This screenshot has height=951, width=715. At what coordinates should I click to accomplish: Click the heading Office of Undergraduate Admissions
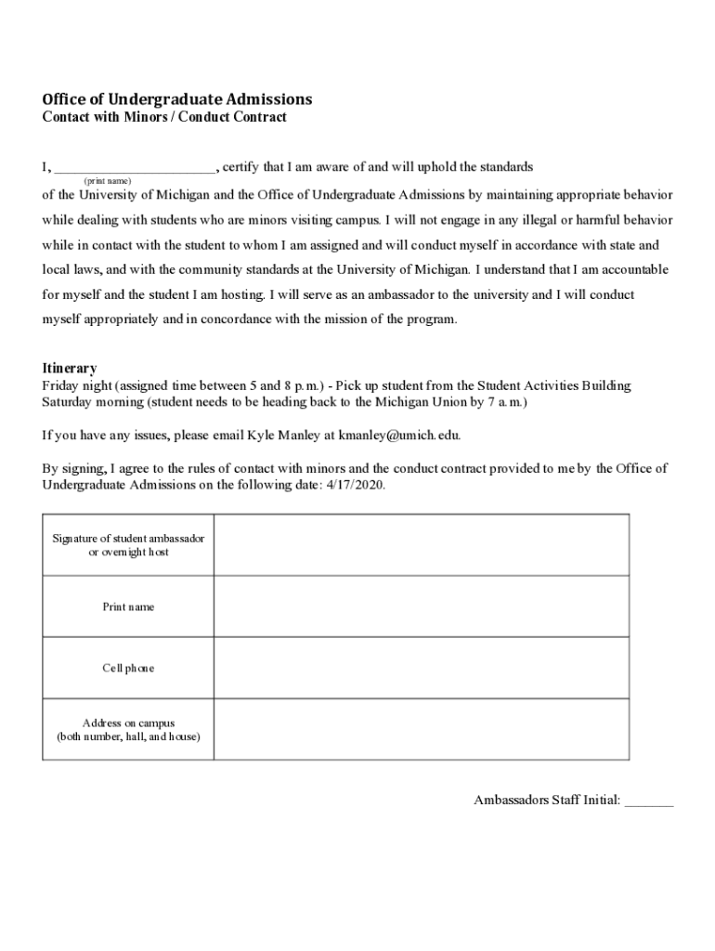point(177,99)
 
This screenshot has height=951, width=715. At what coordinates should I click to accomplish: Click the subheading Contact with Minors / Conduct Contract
point(164,118)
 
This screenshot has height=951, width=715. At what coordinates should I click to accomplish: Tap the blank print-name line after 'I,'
point(135,168)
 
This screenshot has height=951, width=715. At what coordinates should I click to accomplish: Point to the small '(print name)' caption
point(108,180)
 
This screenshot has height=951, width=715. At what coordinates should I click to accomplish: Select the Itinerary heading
point(70,369)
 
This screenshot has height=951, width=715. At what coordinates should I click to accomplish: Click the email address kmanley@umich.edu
point(399,435)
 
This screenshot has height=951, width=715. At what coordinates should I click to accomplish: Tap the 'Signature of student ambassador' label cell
point(128,545)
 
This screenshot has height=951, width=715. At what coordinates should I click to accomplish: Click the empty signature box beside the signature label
point(421,545)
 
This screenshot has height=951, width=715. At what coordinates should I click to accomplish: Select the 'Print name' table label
point(128,606)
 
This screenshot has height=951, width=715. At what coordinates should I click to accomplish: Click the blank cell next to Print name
point(421,606)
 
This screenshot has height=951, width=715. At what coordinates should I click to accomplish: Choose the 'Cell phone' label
point(128,668)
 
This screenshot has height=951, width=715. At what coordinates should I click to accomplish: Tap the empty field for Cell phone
point(421,668)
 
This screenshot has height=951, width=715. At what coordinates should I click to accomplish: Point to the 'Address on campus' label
point(128,730)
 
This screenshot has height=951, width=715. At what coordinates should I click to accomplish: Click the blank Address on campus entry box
point(421,730)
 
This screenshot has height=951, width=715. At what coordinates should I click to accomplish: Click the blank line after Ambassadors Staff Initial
point(649,801)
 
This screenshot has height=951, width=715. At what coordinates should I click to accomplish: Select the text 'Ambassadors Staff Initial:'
point(547,800)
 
